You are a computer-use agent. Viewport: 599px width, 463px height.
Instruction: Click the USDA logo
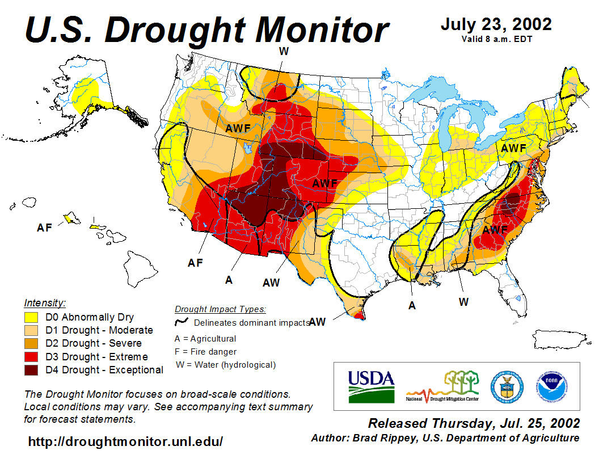pos(371,386)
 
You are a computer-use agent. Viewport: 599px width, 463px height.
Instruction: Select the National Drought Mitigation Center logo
pos(442,387)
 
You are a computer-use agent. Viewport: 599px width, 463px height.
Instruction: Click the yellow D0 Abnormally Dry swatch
pos(31,317)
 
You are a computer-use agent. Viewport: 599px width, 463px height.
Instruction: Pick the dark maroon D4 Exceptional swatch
pos(31,370)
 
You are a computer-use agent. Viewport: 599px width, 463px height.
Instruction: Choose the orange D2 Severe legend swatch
pos(31,343)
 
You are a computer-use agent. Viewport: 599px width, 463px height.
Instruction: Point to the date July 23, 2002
pos(496,24)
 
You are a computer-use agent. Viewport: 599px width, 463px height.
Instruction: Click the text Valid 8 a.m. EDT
pos(496,39)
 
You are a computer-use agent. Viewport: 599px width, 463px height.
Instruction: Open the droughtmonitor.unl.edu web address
pos(125,441)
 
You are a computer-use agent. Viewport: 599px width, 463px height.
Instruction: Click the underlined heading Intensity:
pos(45,303)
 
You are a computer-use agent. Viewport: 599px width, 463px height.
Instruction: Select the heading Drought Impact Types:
pos(220,309)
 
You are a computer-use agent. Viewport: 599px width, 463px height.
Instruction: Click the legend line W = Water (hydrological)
pos(226,365)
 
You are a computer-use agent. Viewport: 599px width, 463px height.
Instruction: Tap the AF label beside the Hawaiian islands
pos(44,228)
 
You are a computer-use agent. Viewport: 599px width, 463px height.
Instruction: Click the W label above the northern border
pos(284,51)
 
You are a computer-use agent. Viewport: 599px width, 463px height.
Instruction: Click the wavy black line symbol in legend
pos(182,322)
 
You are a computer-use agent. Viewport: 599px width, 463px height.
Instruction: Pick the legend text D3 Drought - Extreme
pos(104,357)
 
